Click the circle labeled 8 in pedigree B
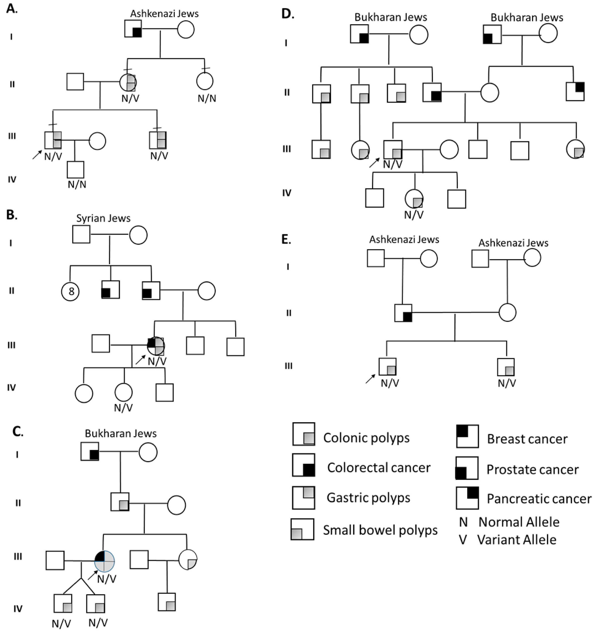pyautogui.click(x=70, y=291)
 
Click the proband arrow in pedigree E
pyautogui.click(x=370, y=379)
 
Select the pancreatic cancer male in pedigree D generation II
pyautogui.click(x=575, y=92)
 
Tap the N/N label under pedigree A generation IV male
pyautogui.click(x=77, y=184)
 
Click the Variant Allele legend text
pyautogui.click(x=517, y=540)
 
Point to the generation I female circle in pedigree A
pyautogui.click(x=186, y=30)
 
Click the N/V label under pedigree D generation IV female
pyautogui.click(x=414, y=215)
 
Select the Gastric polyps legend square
pyautogui.click(x=303, y=497)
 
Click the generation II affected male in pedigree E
pyautogui.click(x=403, y=313)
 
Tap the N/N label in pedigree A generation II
pyautogui.click(x=207, y=98)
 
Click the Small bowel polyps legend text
pyautogui.click(x=380, y=530)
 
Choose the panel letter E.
pyautogui.click(x=286, y=239)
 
